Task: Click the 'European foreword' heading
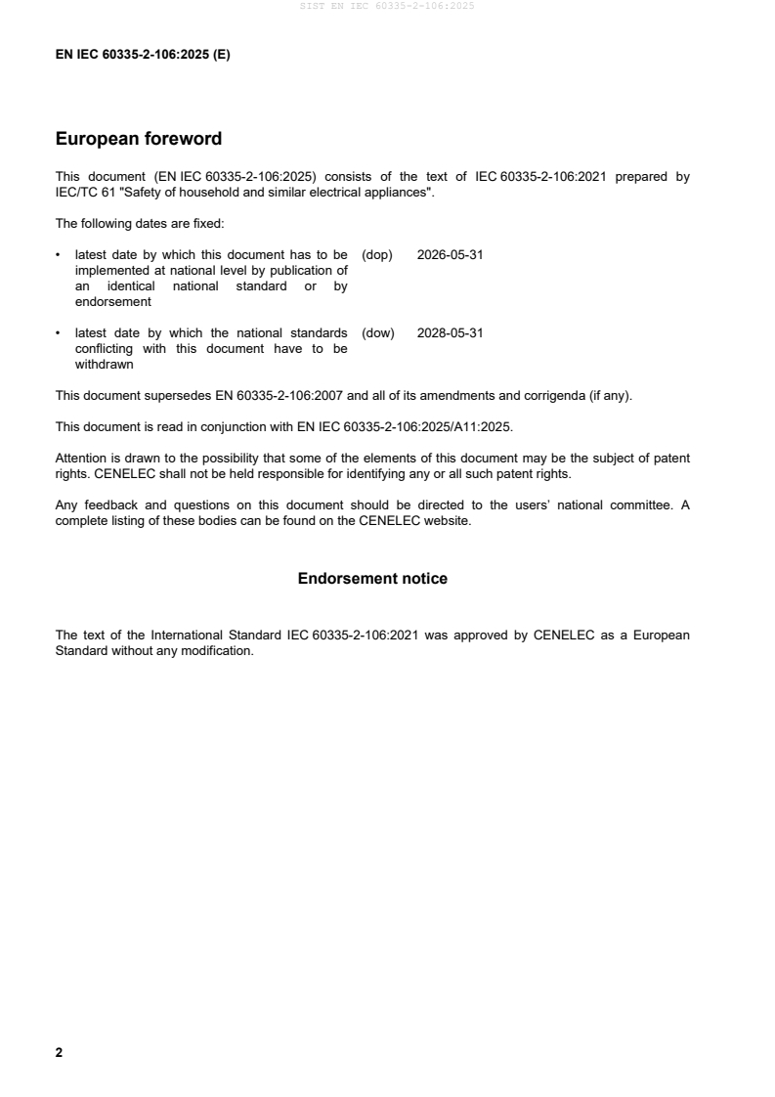click(139, 139)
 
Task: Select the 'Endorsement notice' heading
click(372, 579)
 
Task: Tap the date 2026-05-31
click(450, 255)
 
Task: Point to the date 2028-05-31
click(450, 333)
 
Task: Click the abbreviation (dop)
click(377, 255)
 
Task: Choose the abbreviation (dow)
click(378, 333)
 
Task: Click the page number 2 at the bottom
click(60, 1053)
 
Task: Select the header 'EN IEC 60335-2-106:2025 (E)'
click(143, 55)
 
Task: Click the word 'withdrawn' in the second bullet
click(104, 365)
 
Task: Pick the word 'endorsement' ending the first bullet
click(112, 302)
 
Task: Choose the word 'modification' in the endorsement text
click(215, 650)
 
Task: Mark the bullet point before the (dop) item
click(60, 255)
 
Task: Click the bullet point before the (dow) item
click(60, 333)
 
